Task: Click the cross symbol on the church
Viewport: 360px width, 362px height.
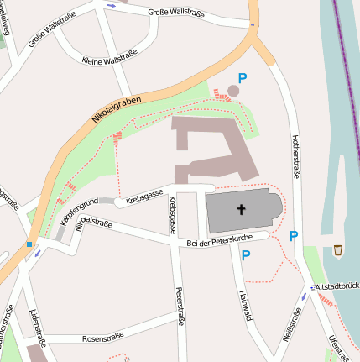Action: pos(242,211)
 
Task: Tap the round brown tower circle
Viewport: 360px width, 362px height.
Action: pos(234,90)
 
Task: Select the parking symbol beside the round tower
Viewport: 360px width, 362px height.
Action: pos(243,77)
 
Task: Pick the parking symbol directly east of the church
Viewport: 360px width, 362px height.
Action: pos(293,236)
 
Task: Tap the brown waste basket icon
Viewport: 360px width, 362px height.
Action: pos(337,250)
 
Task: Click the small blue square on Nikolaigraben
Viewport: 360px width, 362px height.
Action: pos(29,244)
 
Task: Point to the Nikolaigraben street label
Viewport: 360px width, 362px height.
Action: pos(117,110)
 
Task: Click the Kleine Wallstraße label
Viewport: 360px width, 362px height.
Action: pos(110,60)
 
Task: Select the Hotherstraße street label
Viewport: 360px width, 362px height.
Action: pos(295,156)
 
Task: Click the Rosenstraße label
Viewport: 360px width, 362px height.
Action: pos(102,338)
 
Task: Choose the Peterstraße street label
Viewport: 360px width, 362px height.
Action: pos(179,306)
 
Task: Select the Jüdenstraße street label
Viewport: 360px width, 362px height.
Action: pos(35,328)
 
